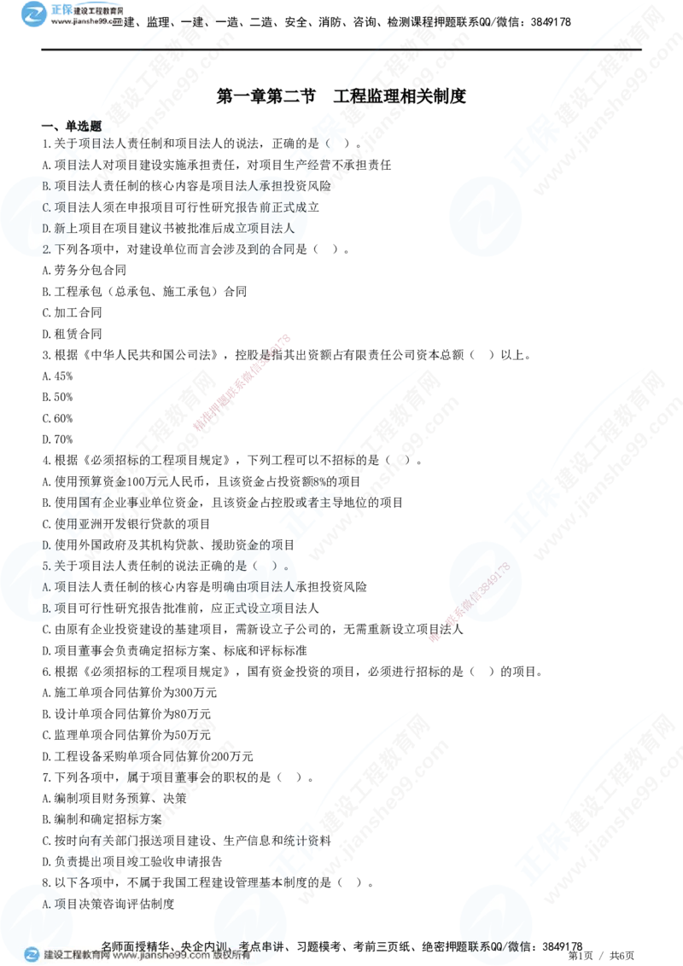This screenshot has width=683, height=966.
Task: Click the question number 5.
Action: click(47, 565)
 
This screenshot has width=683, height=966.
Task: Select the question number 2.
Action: click(47, 249)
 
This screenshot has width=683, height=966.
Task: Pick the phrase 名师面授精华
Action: click(137, 946)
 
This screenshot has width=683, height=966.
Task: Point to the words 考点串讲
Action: click(265, 946)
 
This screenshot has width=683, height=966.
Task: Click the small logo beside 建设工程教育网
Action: click(32, 955)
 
